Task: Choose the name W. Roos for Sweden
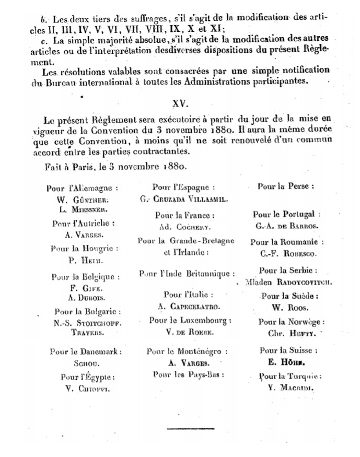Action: [x=286, y=309]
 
